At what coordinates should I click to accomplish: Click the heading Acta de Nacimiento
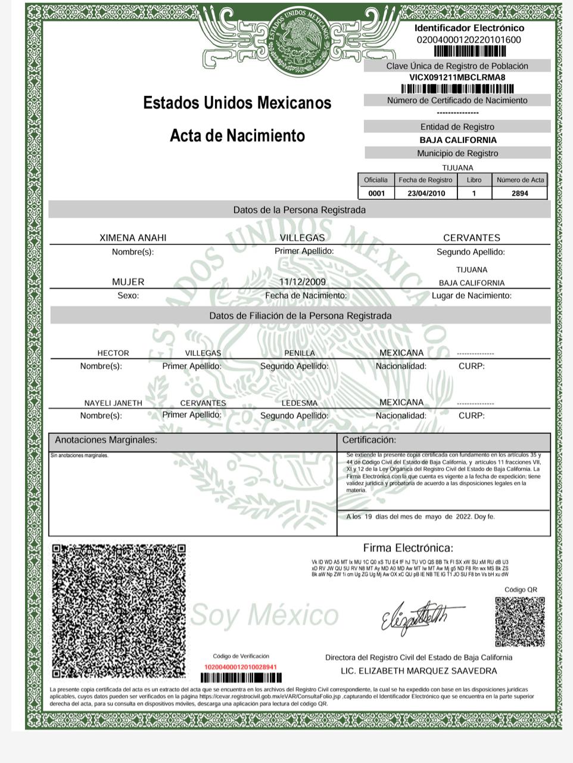pyautogui.click(x=237, y=136)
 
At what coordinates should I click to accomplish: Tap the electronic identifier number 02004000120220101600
pyautogui.click(x=469, y=40)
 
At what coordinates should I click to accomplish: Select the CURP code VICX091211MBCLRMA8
pyautogui.click(x=457, y=77)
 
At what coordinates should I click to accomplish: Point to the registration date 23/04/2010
pyautogui.click(x=426, y=193)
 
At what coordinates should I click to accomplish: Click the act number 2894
pyautogui.click(x=519, y=193)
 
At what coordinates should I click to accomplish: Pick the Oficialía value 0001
pyautogui.click(x=376, y=193)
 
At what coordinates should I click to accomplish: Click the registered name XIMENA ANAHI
pyautogui.click(x=133, y=238)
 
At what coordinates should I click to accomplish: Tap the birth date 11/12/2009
pyautogui.click(x=303, y=281)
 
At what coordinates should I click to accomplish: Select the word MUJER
pyautogui.click(x=128, y=281)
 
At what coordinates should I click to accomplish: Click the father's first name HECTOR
pyautogui.click(x=113, y=353)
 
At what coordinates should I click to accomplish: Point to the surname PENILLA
pyautogui.click(x=300, y=353)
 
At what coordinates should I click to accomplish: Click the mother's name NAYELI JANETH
pyautogui.click(x=113, y=403)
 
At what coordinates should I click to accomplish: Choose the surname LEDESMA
pyautogui.click(x=300, y=403)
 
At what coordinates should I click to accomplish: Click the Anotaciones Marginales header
pyautogui.click(x=106, y=440)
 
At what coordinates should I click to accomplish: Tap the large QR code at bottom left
pyautogui.click(x=119, y=611)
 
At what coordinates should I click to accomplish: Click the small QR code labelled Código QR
pyautogui.click(x=519, y=622)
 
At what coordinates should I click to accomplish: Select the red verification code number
pyautogui.click(x=241, y=666)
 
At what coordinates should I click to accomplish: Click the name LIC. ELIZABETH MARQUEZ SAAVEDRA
pyautogui.click(x=419, y=671)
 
